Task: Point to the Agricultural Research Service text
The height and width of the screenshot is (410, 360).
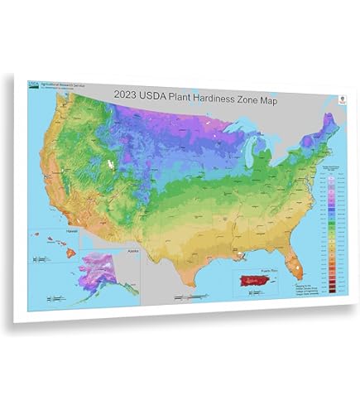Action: coord(58,84)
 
